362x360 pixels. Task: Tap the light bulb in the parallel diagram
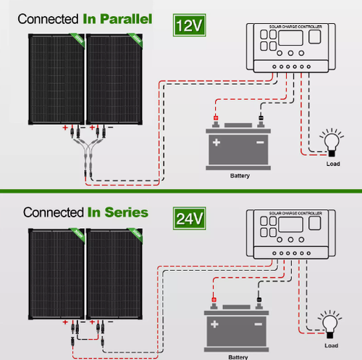[x=332, y=140]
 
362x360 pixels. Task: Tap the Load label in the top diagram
[x=332, y=164]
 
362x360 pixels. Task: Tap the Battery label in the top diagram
[x=240, y=176]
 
